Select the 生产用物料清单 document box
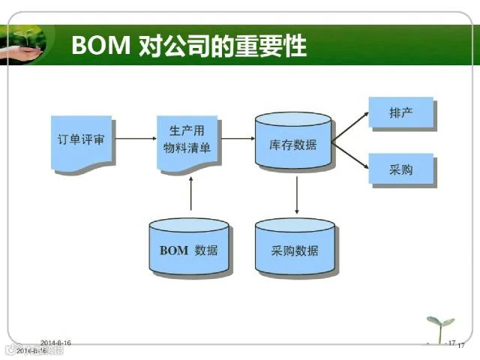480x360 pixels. pyautogui.click(x=188, y=139)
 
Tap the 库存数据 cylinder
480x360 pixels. pyautogui.click(x=292, y=142)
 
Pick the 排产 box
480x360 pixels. pyautogui.click(x=401, y=112)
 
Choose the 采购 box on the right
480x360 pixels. pyautogui.click(x=401, y=169)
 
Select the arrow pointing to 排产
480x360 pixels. pyautogui.click(x=351, y=125)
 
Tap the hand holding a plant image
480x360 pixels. pyautogui.click(x=22, y=45)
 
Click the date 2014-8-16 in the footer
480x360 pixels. pyautogui.click(x=55, y=343)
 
